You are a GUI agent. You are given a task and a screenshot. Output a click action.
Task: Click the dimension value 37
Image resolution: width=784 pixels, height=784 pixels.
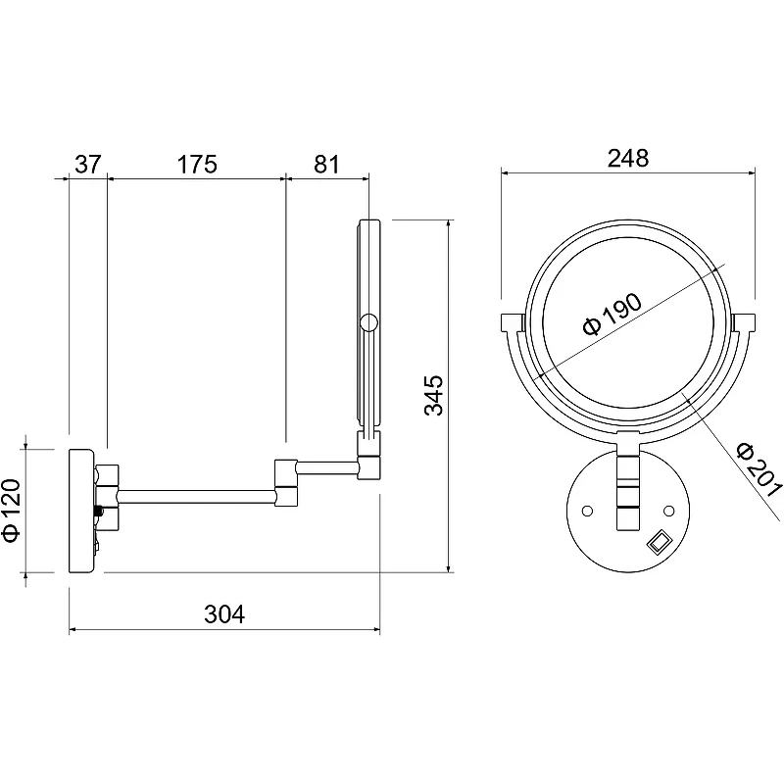[88, 164]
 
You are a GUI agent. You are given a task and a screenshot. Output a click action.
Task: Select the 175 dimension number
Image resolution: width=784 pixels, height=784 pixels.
[198, 164]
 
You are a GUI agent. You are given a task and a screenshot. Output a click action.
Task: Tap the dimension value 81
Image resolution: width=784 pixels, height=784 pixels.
[326, 164]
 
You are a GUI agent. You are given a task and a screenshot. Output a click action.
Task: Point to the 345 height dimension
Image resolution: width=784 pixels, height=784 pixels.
[433, 395]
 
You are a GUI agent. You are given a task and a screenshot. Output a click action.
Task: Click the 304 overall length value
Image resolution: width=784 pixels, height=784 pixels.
[224, 614]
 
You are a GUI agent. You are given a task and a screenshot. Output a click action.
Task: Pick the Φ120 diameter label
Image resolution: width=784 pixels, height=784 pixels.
[12, 510]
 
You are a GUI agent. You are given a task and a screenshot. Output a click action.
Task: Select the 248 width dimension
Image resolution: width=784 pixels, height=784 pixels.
[628, 158]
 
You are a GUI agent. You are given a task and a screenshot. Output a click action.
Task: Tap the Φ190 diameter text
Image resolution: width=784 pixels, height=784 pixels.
[612, 315]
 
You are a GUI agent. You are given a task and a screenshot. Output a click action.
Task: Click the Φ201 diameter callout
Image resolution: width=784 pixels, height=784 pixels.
[759, 470]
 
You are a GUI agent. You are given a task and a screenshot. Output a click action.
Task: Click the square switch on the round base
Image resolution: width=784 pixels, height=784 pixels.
[659, 542]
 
